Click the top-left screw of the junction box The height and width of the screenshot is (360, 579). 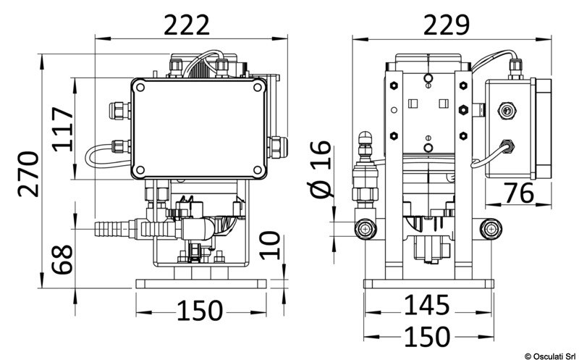[x=140, y=88]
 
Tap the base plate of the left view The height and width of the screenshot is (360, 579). [x=199, y=282]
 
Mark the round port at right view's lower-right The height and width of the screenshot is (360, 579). [x=490, y=230]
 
